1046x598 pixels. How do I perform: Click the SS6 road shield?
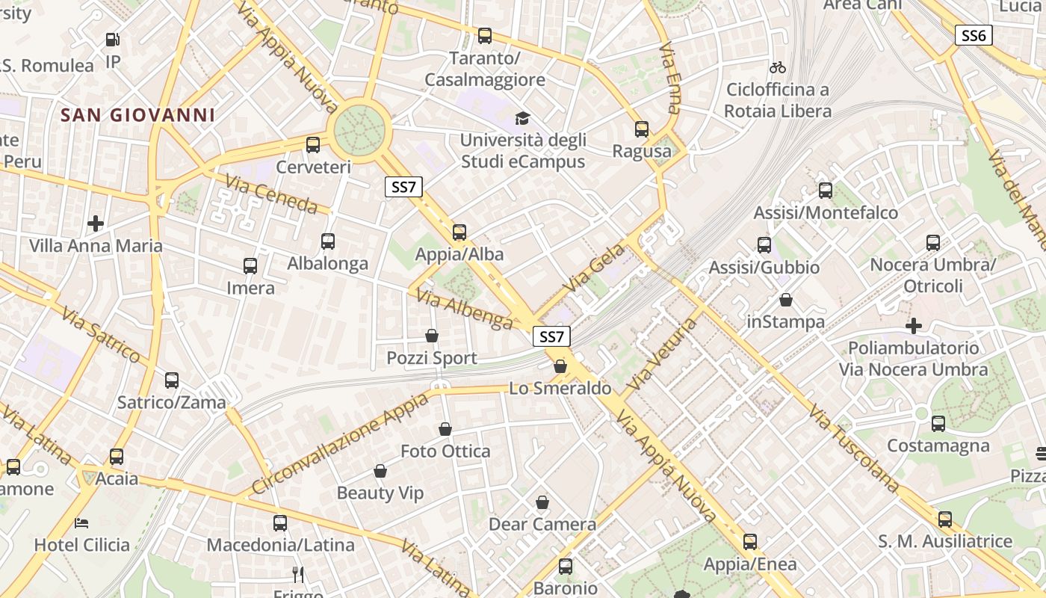click(974, 35)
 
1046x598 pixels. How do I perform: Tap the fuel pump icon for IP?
click(113, 40)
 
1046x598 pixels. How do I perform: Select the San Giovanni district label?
click(137, 115)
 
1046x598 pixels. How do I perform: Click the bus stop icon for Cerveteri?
click(313, 145)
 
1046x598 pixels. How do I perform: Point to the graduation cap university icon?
click(522, 119)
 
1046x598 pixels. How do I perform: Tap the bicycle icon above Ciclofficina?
click(778, 67)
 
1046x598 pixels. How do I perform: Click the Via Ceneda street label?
click(272, 193)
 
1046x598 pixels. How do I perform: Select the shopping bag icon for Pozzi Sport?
click(431, 336)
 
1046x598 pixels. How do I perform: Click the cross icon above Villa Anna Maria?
click(96, 224)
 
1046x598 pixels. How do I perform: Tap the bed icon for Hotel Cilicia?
click(81, 523)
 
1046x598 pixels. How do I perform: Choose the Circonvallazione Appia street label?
click(341, 443)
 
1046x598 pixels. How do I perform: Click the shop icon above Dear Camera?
click(542, 502)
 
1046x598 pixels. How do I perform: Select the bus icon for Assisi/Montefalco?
click(826, 191)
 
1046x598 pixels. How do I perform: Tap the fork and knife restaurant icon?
click(298, 574)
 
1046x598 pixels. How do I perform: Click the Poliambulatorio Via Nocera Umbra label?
click(913, 359)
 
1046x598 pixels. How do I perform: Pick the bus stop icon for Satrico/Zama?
click(172, 380)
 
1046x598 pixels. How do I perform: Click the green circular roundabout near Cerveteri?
click(359, 132)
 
